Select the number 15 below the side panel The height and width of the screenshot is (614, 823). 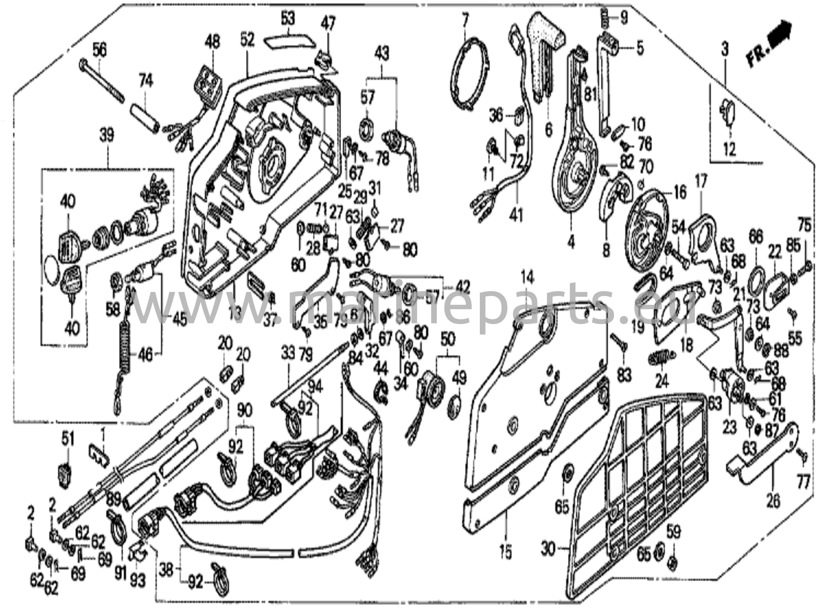pyautogui.click(x=506, y=553)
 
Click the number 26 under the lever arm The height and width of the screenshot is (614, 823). pyautogui.click(x=774, y=501)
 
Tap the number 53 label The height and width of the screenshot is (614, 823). pyautogui.click(x=287, y=18)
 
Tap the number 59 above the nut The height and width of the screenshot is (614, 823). pyautogui.click(x=674, y=532)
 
